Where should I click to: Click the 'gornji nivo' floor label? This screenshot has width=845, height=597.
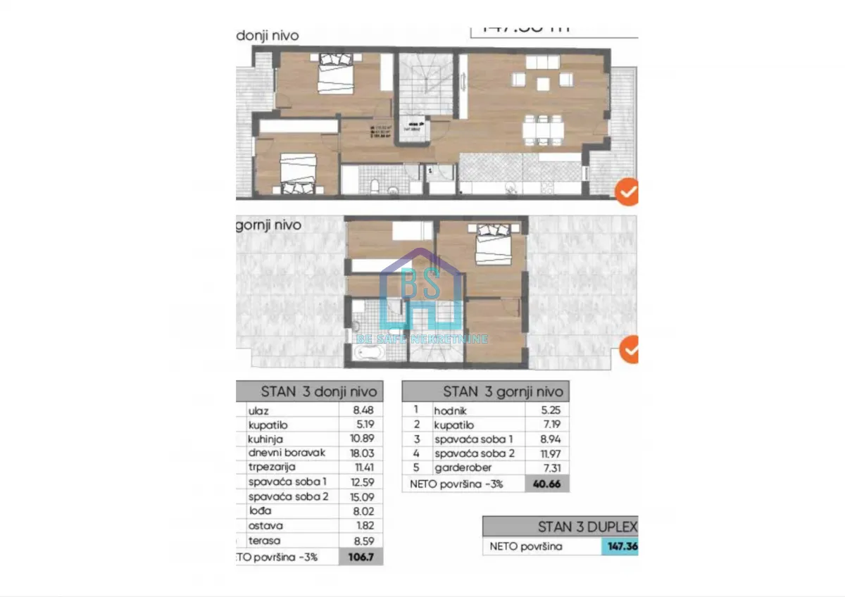click(x=268, y=225)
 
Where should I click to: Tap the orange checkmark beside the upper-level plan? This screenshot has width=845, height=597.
click(x=629, y=348)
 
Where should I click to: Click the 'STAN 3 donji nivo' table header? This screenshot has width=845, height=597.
click(x=318, y=391)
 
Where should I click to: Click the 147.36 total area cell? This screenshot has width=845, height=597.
click(x=620, y=547)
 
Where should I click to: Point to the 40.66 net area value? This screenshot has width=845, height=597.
click(x=546, y=484)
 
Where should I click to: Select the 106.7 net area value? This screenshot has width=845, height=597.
click(x=361, y=556)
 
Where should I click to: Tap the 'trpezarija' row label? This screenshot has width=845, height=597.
click(x=273, y=467)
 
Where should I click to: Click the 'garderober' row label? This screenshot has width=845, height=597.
click(x=458, y=467)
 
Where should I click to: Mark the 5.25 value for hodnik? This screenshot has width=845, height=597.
click(x=546, y=410)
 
